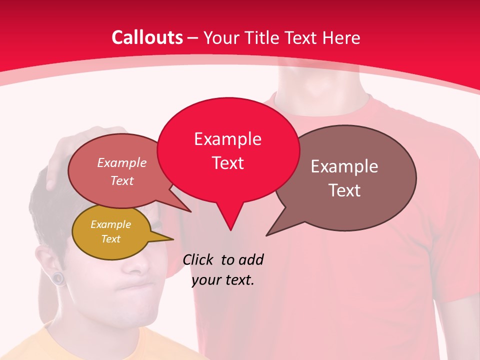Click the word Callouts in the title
coord(147,37)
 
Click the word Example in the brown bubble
coord(344,166)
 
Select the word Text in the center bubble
coord(228,163)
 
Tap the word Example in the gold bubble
coord(110,224)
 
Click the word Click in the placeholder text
coord(198,259)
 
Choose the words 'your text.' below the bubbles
coord(223,280)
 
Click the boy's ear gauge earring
coord(59,277)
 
